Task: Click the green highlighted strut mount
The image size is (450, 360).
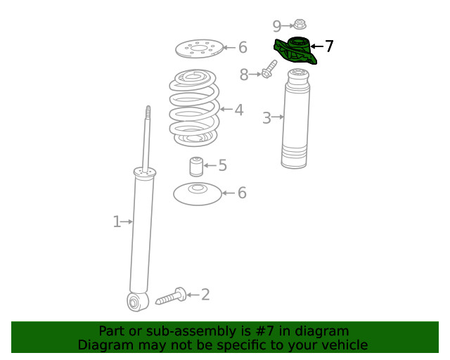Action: pyautogui.click(x=295, y=51)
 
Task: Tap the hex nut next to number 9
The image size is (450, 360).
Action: pyautogui.click(x=300, y=25)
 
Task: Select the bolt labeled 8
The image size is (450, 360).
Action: pyautogui.click(x=269, y=70)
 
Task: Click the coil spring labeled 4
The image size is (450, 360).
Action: pyautogui.click(x=194, y=108)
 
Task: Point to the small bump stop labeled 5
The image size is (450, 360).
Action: pyautogui.click(x=197, y=167)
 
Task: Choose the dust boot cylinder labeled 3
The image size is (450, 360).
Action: pyautogui.click(x=296, y=118)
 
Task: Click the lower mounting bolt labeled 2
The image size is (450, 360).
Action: pyautogui.click(x=171, y=296)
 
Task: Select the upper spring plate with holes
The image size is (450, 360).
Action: pyautogui.click(x=200, y=49)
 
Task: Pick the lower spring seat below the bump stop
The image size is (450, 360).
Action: pyautogui.click(x=198, y=194)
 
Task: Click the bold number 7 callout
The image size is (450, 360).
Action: pyautogui.click(x=329, y=46)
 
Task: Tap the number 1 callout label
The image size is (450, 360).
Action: pyautogui.click(x=117, y=221)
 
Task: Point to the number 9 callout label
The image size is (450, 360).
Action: pyautogui.click(x=276, y=27)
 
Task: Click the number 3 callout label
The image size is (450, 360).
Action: pyautogui.click(x=266, y=118)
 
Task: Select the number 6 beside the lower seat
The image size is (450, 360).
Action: pyautogui.click(x=242, y=193)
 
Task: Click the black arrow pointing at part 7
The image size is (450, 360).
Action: pyautogui.click(x=317, y=46)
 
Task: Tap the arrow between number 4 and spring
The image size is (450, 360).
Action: pyautogui.click(x=226, y=110)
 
